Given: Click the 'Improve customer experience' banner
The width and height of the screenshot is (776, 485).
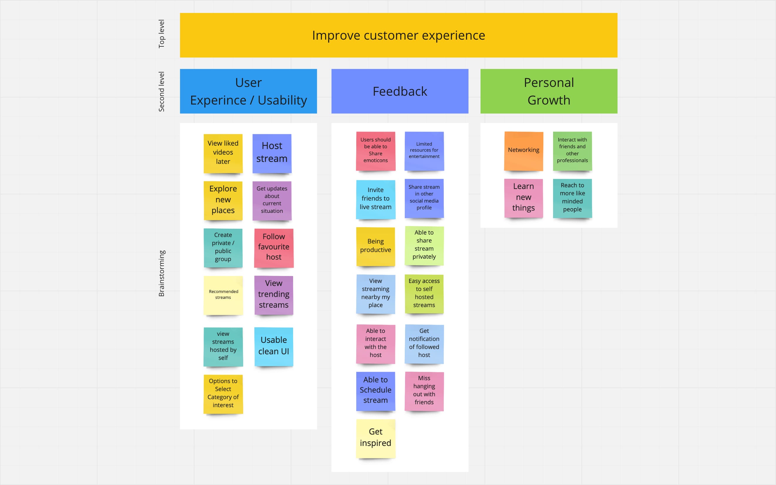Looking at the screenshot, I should click(x=398, y=35).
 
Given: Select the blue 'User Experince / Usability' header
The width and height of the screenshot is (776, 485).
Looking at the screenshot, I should click(x=248, y=91).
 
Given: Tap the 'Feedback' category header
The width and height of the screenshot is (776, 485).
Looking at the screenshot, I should click(x=399, y=91).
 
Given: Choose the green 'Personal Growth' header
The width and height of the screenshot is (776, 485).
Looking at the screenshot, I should click(x=548, y=91).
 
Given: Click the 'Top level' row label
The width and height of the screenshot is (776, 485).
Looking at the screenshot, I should click(x=162, y=34).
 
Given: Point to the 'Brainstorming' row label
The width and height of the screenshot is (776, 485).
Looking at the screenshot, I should click(x=162, y=273).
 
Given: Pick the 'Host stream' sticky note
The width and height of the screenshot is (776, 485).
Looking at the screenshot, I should click(x=272, y=153).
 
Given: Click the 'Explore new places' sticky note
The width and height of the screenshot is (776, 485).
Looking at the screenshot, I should click(x=223, y=200).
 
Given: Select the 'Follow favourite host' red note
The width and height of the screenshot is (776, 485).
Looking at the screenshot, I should click(x=274, y=247).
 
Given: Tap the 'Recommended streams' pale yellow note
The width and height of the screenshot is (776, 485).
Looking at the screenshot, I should click(x=223, y=295).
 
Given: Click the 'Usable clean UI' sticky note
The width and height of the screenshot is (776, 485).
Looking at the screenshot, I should click(x=274, y=346).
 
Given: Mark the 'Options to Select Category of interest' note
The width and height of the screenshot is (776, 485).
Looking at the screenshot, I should click(x=223, y=394).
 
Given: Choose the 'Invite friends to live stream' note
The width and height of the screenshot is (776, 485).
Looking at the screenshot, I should click(x=375, y=199).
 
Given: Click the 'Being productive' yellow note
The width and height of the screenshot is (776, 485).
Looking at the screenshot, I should click(x=375, y=246).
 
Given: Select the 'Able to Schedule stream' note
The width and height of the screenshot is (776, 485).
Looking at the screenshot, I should click(x=375, y=390).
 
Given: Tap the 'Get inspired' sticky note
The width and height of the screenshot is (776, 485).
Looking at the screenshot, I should click(x=375, y=438).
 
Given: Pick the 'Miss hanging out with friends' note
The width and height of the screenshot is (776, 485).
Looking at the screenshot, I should click(x=424, y=391).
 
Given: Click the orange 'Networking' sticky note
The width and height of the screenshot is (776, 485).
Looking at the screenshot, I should click(x=523, y=150).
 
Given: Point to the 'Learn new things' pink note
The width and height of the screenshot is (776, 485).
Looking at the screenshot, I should click(x=523, y=198).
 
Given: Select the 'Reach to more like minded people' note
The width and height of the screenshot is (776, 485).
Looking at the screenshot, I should click(x=572, y=198).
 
